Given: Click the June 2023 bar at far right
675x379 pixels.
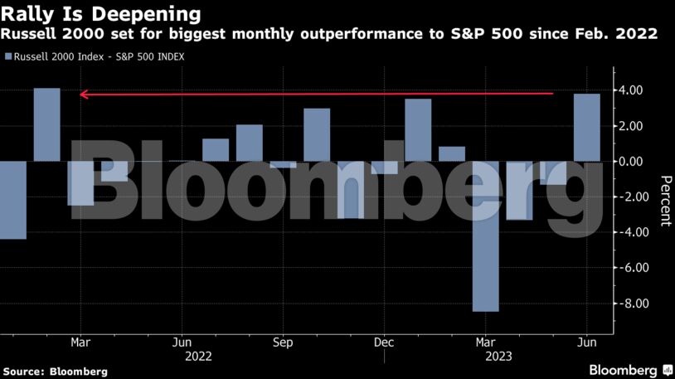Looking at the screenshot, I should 587,128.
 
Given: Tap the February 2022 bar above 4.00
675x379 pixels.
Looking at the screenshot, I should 47,124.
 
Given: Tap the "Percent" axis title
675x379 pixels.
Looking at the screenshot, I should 664,202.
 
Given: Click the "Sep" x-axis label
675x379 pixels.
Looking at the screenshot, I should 283,342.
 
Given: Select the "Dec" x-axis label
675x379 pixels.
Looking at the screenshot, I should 384,342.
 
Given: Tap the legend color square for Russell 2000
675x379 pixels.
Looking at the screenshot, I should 7,56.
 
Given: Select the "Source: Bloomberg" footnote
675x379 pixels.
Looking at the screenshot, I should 55,372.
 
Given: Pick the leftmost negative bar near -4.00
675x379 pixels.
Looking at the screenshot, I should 13,200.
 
